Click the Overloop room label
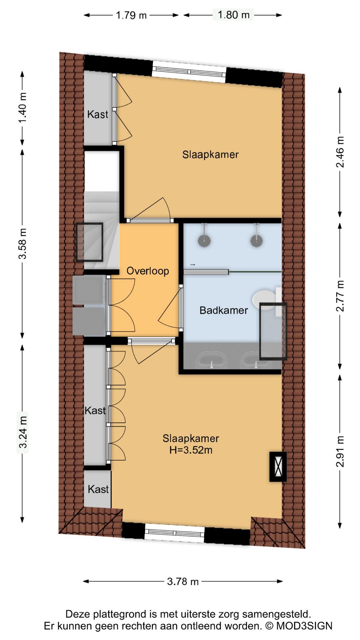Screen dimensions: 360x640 click(x=148, y=271)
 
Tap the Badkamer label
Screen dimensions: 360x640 click(x=224, y=310)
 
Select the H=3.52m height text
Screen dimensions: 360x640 click(x=191, y=450)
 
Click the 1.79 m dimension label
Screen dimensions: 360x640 click(x=131, y=15)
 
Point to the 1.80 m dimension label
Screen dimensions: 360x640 click(x=233, y=15)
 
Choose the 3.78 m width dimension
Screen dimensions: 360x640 click(x=183, y=582)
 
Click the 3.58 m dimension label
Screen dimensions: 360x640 click(x=22, y=244)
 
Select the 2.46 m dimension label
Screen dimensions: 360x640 click(x=340, y=152)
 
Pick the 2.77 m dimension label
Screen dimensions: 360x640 click(x=340, y=296)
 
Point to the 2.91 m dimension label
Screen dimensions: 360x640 click(x=340, y=451)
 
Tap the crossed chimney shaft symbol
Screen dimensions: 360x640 click(x=278, y=467)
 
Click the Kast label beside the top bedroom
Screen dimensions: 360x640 click(x=98, y=114)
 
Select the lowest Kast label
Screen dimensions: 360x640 click(x=98, y=489)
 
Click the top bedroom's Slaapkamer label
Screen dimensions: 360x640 click(x=210, y=155)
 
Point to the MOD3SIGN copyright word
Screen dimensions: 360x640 click(x=304, y=626)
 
